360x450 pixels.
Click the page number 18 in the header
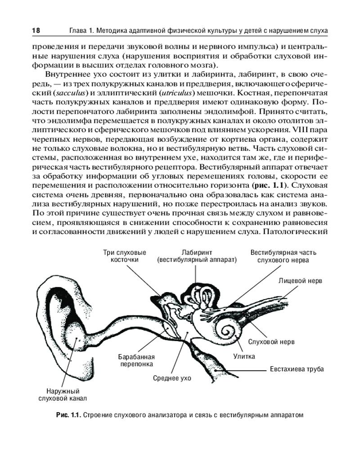point(36,30)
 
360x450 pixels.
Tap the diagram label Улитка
point(244,356)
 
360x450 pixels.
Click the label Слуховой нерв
point(272,342)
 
